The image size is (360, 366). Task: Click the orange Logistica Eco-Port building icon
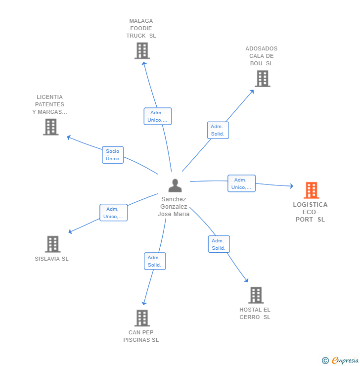pos(311,190)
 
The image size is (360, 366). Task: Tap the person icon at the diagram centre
pos(175,185)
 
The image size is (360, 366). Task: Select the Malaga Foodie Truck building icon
pos(142,50)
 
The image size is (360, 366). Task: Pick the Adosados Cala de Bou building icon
pos(262,78)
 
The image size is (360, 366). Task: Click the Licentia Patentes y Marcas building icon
pos(50,127)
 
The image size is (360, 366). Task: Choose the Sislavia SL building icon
pos(52,244)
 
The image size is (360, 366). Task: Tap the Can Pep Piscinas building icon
pos(142,318)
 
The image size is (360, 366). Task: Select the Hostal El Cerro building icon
pos(256,295)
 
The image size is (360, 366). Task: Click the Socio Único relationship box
pos(113,155)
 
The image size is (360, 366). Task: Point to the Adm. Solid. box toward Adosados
pos(218,130)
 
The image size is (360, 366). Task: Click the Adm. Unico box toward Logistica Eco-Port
pos(241,183)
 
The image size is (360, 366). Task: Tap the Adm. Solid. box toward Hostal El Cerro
pos(219,244)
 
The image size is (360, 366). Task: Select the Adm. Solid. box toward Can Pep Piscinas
pos(154,261)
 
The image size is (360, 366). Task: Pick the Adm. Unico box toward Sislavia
pos(113,213)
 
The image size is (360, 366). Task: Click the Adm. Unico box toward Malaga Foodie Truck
pos(157,116)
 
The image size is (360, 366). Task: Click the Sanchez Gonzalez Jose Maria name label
pos(174,207)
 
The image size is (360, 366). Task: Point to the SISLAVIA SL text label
pos(52,259)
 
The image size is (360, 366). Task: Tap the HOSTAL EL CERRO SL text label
pos(255,313)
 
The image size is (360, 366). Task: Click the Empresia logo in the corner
pos(340,361)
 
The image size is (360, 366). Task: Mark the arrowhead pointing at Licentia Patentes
pos(69,137)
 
